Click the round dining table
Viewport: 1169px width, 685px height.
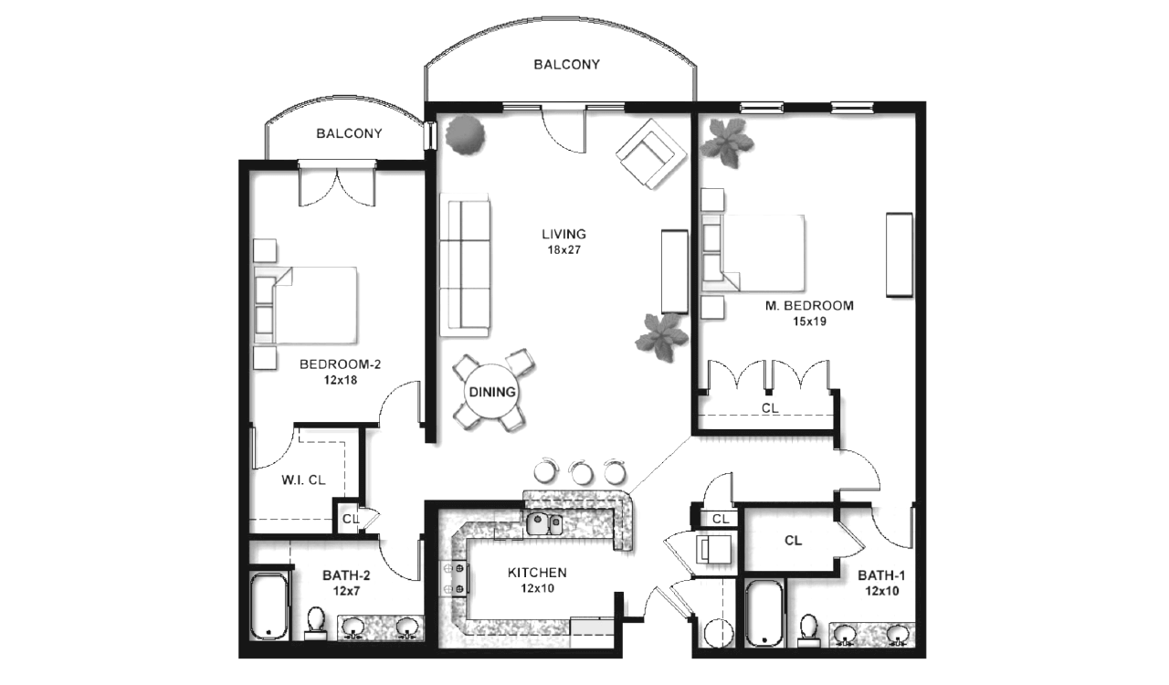pyautogui.click(x=491, y=392)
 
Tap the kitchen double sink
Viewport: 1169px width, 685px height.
pyautogui.click(x=543, y=524)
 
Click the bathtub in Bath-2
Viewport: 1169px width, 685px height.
pyautogui.click(x=269, y=606)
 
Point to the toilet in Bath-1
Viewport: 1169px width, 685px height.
pyautogui.click(x=808, y=630)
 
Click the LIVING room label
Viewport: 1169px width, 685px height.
pyautogui.click(x=563, y=234)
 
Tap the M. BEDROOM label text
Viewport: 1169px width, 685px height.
pyautogui.click(x=809, y=305)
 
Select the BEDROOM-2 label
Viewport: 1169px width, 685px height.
pyautogui.click(x=341, y=364)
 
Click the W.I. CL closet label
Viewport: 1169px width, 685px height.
pyautogui.click(x=303, y=479)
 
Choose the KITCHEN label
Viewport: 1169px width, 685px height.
pyautogui.click(x=537, y=573)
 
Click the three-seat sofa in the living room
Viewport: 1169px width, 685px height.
pyautogui.click(x=465, y=265)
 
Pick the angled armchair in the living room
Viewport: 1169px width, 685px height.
pyautogui.click(x=651, y=153)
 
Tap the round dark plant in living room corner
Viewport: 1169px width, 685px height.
pyautogui.click(x=465, y=135)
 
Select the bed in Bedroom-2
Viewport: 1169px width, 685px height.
pyautogui.click(x=306, y=305)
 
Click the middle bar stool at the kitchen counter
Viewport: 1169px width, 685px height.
pyautogui.click(x=581, y=472)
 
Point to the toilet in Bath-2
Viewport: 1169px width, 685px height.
pyautogui.click(x=315, y=623)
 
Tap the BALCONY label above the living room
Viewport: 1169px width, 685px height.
pyautogui.click(x=567, y=64)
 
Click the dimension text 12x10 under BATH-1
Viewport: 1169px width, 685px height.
pyautogui.click(x=882, y=591)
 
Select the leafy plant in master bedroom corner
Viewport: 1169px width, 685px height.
pyautogui.click(x=726, y=142)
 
